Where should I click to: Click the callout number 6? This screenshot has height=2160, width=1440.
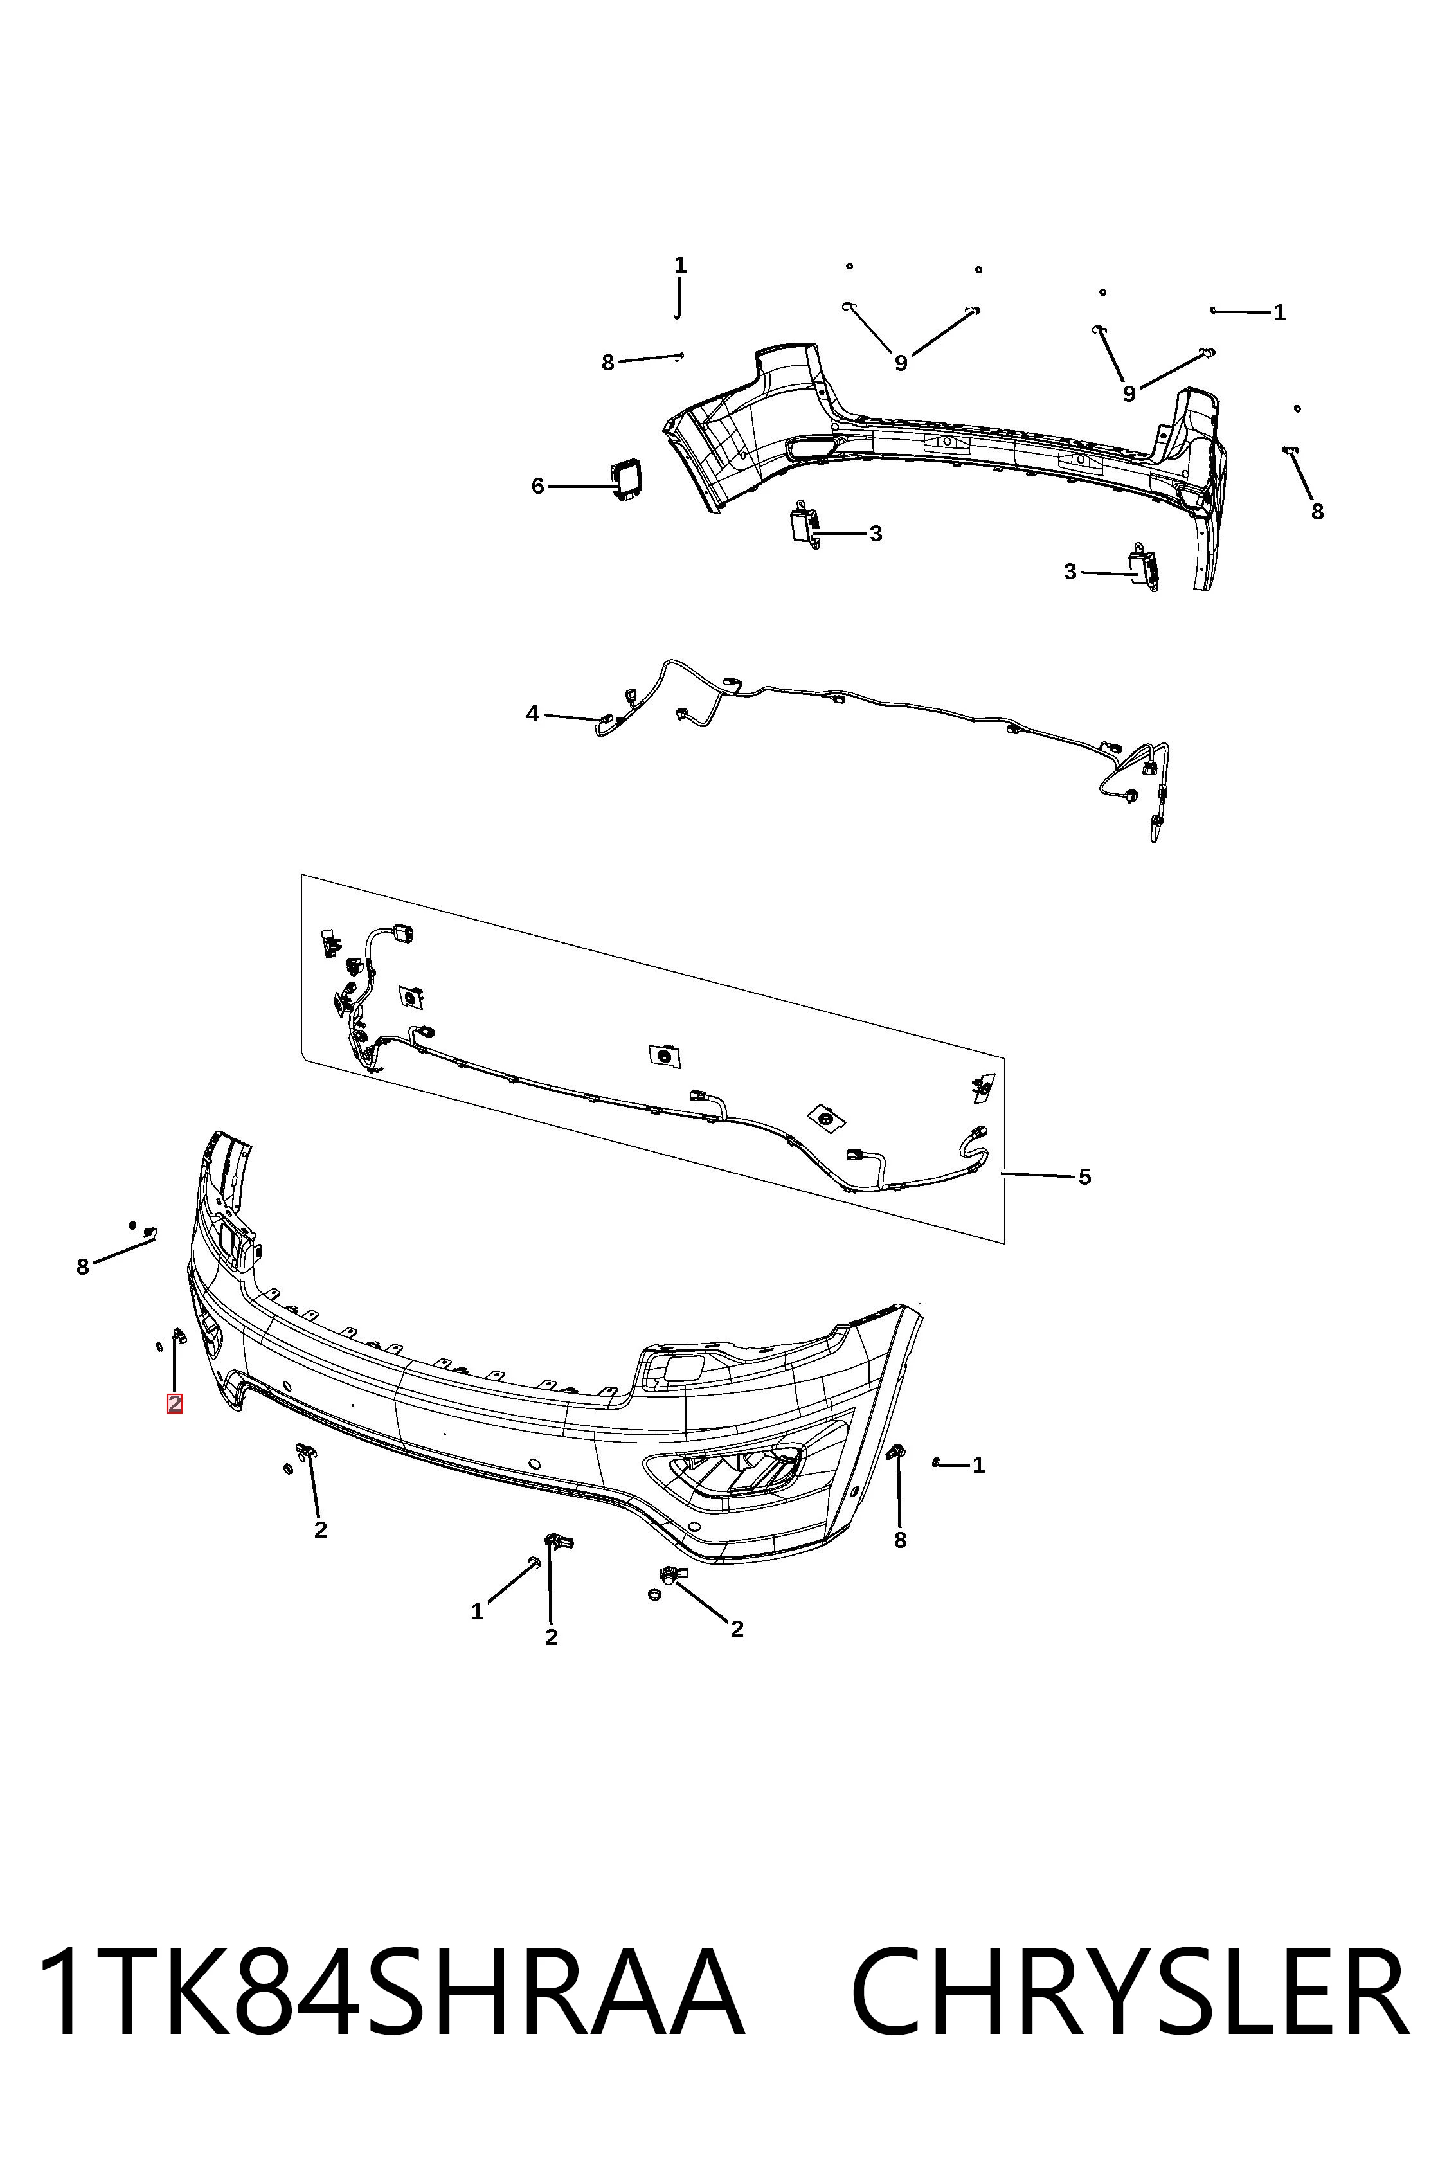pyautogui.click(x=538, y=486)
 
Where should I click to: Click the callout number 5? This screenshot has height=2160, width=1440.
pyautogui.click(x=1084, y=1176)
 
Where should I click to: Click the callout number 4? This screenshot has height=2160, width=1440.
pyautogui.click(x=533, y=714)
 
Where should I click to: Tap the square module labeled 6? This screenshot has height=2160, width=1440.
pyautogui.click(x=627, y=480)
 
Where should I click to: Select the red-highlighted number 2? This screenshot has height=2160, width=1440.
pyautogui.click(x=174, y=1403)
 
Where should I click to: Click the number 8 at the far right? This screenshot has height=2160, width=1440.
pyautogui.click(x=1317, y=512)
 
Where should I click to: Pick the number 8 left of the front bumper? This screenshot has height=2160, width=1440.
pyautogui.click(x=83, y=1267)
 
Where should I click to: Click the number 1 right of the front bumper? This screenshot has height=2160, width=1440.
pyautogui.click(x=979, y=1466)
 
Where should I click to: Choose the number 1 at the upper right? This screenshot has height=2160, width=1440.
pyautogui.click(x=1279, y=313)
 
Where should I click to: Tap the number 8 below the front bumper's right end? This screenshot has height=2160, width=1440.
pyautogui.click(x=900, y=1540)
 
